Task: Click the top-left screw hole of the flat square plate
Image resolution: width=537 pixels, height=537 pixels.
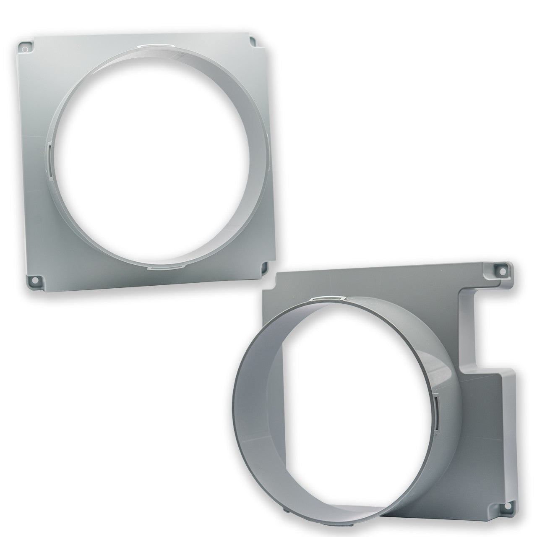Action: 25,49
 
